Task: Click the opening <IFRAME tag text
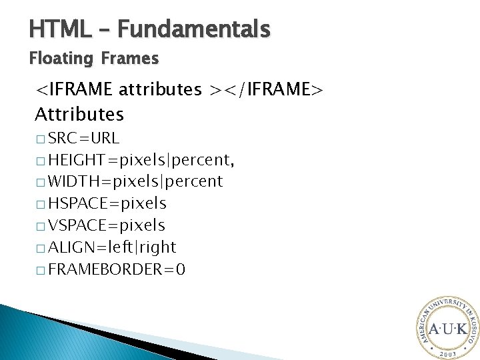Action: click(75, 89)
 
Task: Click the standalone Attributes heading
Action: click(79, 115)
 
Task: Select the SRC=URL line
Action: click(84, 139)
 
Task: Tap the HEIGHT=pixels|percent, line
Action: click(141, 161)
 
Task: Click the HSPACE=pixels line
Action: click(107, 203)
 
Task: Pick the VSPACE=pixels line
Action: click(107, 225)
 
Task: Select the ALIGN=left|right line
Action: click(112, 247)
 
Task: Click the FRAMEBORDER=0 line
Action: click(117, 269)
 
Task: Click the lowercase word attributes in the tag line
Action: click(161, 89)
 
